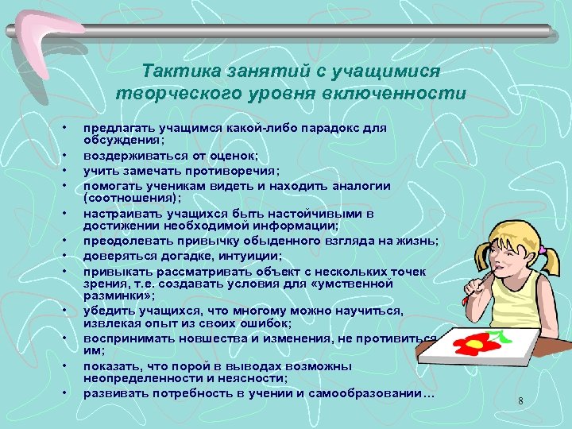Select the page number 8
[520, 401]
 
